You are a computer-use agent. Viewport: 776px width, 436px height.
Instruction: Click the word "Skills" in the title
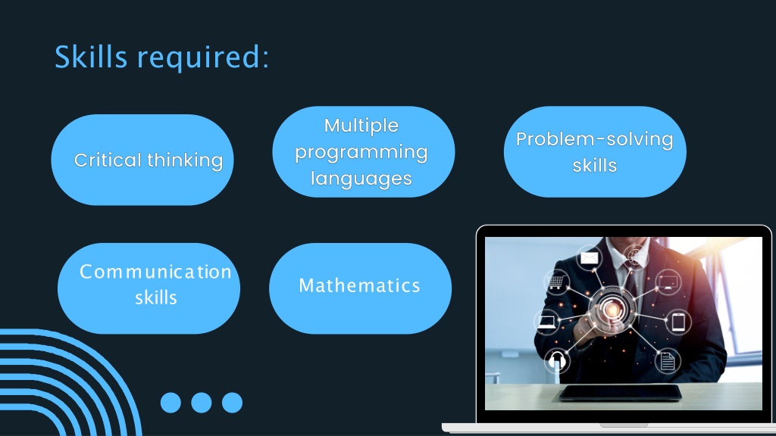tap(91, 56)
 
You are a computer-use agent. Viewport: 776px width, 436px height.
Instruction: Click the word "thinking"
tap(185, 160)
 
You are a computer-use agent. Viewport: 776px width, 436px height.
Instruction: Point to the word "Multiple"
tap(361, 126)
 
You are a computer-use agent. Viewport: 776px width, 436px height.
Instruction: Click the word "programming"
tap(361, 153)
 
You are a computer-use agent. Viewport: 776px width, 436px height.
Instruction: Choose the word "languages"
tap(361, 179)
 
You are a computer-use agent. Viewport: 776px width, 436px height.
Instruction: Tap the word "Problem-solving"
tap(594, 139)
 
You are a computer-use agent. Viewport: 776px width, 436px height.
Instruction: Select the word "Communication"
tap(155, 272)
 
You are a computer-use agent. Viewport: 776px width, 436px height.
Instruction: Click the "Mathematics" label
tap(360, 285)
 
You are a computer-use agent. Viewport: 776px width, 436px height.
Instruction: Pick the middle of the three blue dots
tap(202, 403)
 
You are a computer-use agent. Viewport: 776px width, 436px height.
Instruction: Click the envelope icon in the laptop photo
tap(589, 257)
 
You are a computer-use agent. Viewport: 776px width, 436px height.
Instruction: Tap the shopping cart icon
tap(556, 282)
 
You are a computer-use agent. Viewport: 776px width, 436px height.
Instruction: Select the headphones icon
tap(557, 360)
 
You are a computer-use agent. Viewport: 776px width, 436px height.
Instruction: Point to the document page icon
tap(667, 361)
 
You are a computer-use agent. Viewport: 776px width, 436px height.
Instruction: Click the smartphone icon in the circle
tap(678, 322)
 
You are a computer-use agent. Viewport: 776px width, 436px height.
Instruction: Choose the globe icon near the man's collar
tap(636, 257)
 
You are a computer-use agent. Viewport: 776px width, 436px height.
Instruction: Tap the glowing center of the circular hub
tap(612, 310)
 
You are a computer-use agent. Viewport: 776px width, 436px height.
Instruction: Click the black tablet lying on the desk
tap(621, 393)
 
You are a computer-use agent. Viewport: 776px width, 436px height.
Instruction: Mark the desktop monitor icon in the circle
tap(668, 282)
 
